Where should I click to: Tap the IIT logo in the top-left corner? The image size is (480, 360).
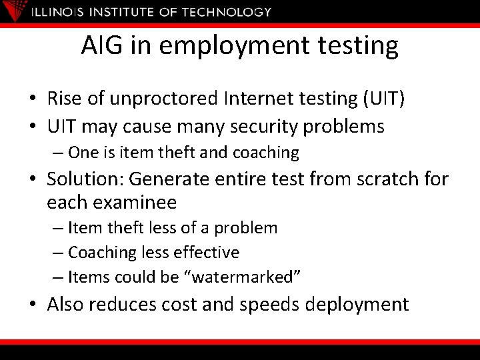14,10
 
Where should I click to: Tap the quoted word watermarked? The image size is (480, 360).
245,277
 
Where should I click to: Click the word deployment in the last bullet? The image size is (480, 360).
357,305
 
